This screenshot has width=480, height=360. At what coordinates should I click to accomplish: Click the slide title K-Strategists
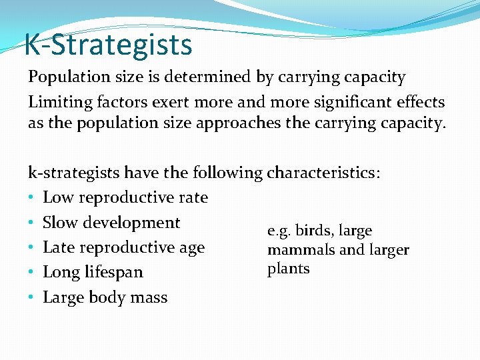click(108, 45)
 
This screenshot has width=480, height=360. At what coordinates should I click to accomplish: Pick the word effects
click(421, 102)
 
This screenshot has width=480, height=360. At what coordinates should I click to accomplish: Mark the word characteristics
click(323, 173)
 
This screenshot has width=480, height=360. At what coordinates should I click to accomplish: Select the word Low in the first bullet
click(55, 198)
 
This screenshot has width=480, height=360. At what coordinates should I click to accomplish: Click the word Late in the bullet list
click(57, 248)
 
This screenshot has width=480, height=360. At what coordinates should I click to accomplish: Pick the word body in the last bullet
click(105, 298)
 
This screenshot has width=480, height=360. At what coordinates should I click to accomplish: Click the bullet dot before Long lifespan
click(31, 273)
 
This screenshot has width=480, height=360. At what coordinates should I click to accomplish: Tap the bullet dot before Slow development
click(31, 223)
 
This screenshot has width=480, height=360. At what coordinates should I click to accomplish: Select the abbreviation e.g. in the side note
click(279, 231)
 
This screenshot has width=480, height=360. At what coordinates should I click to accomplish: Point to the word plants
click(289, 269)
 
